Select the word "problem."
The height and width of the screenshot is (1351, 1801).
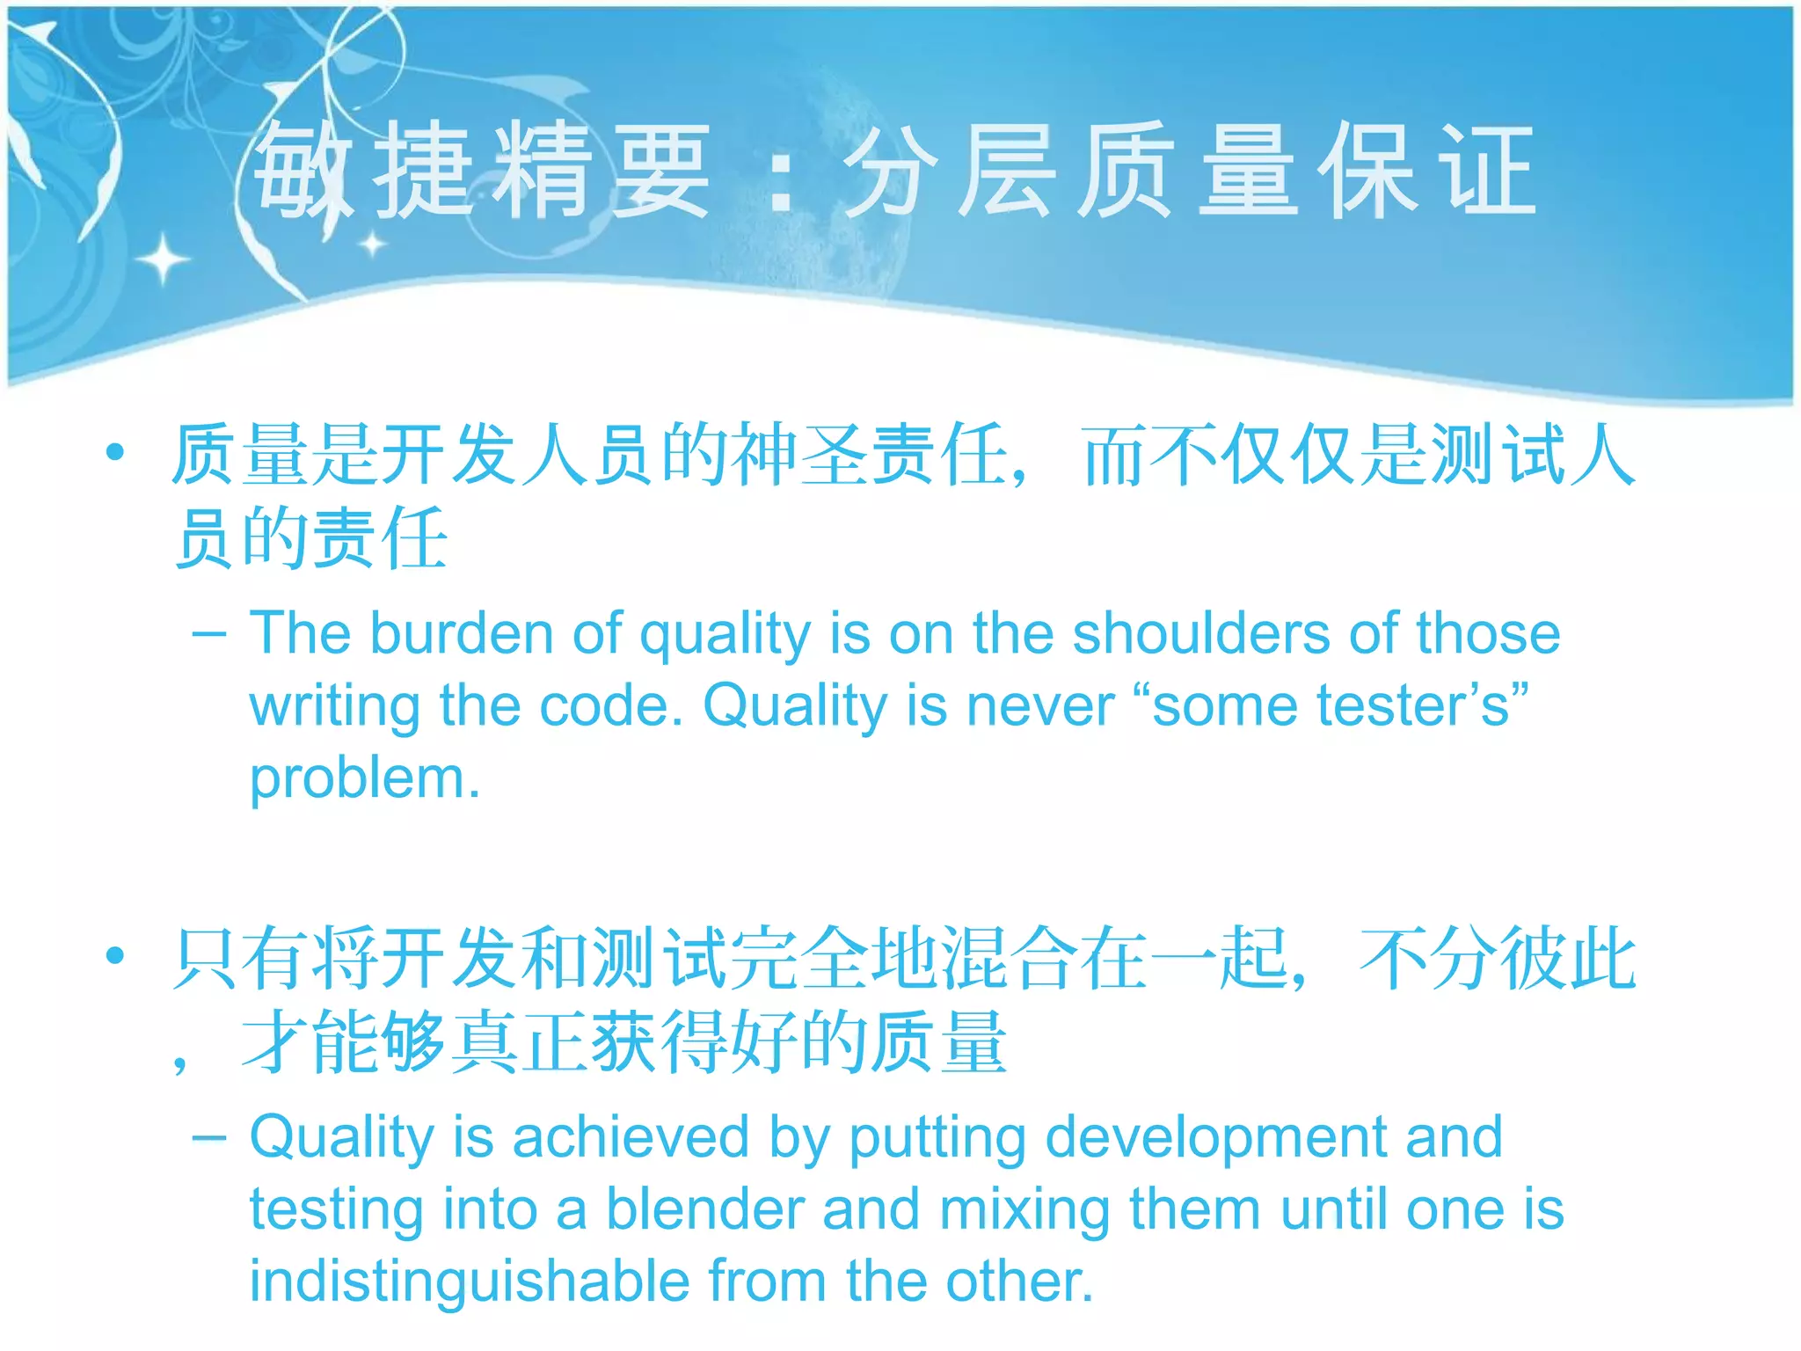365,779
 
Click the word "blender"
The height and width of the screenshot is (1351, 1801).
705,1209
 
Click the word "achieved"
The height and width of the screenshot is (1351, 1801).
631,1137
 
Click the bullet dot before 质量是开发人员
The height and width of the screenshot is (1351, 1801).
114,453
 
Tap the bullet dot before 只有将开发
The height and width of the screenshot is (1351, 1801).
114,956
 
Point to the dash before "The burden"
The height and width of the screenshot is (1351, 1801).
209,633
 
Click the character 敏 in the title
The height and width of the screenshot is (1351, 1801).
302,169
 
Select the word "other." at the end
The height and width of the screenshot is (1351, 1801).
1019,1282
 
